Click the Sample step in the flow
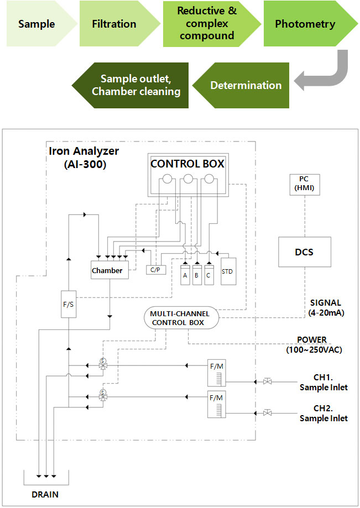pyautogui.click(x=36, y=24)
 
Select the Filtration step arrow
pyautogui.click(x=114, y=24)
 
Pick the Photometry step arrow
pyautogui.click(x=305, y=24)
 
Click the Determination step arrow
pyautogui.click(x=246, y=86)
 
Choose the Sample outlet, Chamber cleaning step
pyautogui.click(x=136, y=86)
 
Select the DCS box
pyautogui.click(x=304, y=252)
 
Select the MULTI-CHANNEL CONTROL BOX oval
pyautogui.click(x=181, y=318)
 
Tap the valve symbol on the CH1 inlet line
pyautogui.click(x=267, y=381)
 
